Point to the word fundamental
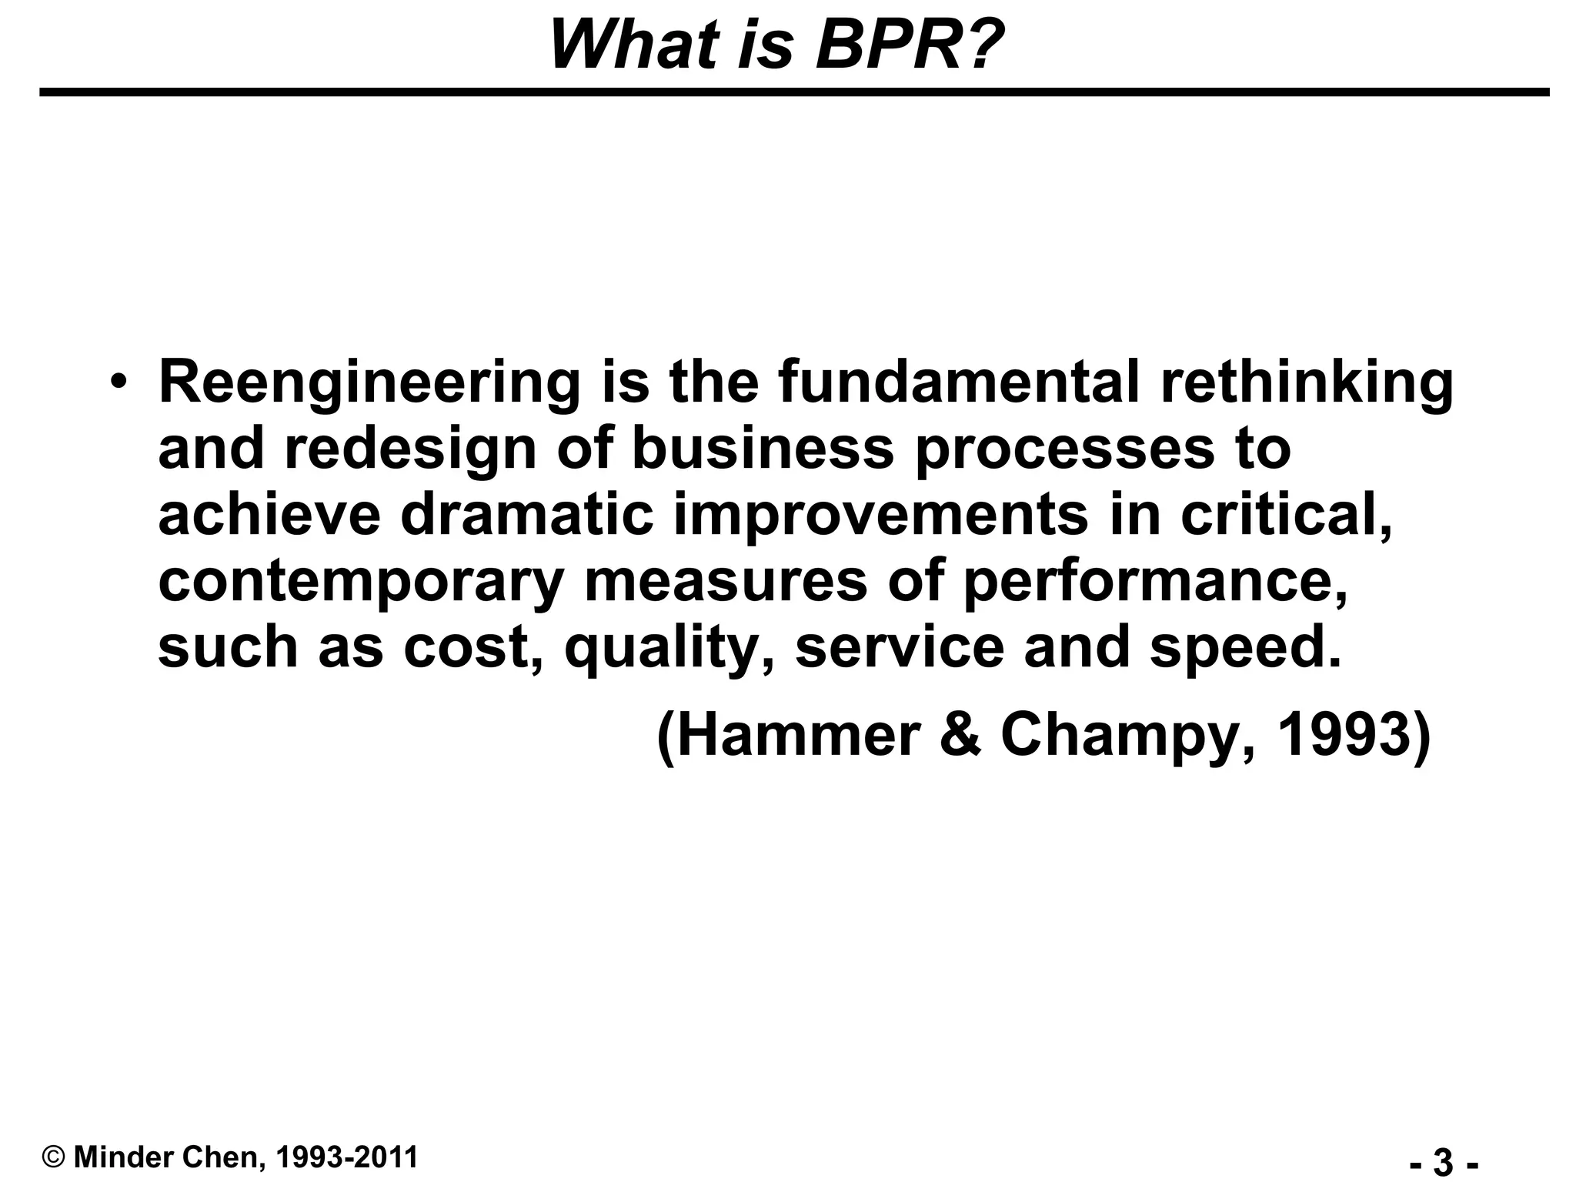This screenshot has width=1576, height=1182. point(959,382)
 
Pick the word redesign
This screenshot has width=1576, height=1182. point(410,449)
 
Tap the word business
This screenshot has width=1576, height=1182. point(763,448)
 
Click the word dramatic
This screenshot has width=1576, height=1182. point(527,514)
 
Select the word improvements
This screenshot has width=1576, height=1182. point(881,516)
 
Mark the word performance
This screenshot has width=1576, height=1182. point(1154,582)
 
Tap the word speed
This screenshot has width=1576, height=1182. point(1244,648)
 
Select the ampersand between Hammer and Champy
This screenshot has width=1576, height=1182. point(960,736)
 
